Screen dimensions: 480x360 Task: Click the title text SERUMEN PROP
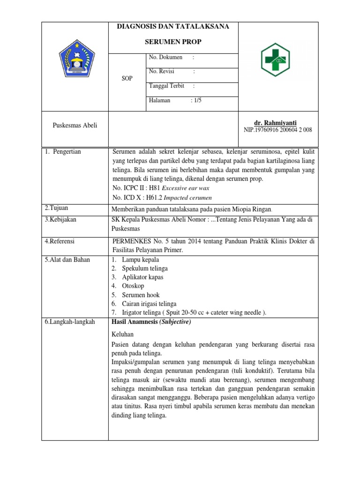(x=173, y=42)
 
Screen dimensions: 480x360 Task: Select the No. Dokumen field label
(x=165, y=57)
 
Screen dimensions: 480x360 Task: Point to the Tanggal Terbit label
(x=166, y=86)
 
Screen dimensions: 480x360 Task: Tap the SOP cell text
(x=127, y=79)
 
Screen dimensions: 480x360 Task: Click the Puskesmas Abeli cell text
(x=75, y=126)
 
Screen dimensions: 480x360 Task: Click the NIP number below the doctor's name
(x=278, y=130)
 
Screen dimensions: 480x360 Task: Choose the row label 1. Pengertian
(x=63, y=152)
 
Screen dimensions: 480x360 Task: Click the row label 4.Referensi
(x=60, y=241)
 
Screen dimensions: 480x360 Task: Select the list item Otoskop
(x=133, y=285)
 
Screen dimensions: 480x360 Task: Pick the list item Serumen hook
(x=141, y=295)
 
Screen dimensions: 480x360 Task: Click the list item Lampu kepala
(x=140, y=259)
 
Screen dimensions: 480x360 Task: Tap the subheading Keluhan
(x=122, y=334)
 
